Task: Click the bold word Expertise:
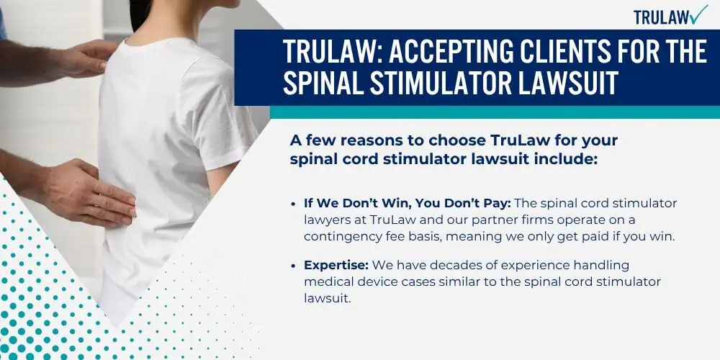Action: [x=336, y=266]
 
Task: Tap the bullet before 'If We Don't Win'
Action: [x=294, y=204]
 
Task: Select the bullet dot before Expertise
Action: [x=294, y=266]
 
